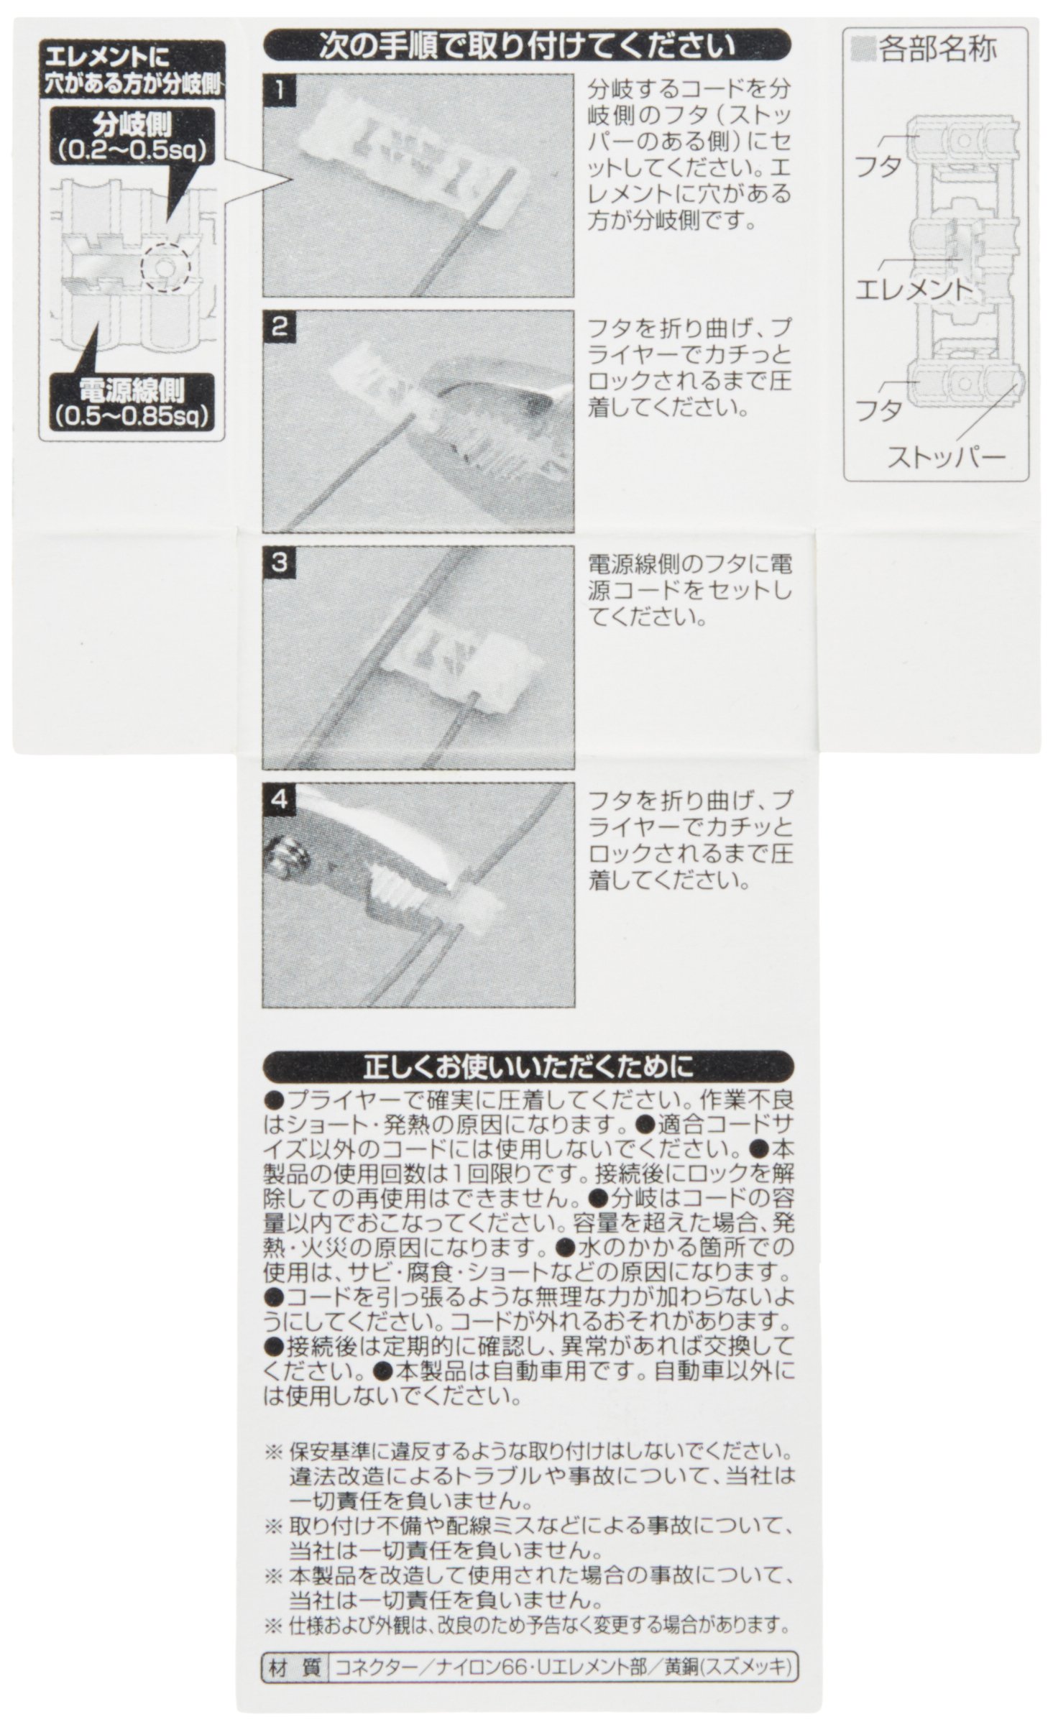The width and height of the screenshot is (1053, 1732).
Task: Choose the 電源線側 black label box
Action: click(x=132, y=402)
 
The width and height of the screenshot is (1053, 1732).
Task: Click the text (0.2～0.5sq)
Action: click(x=132, y=152)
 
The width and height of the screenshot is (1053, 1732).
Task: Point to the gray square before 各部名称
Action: click(x=861, y=50)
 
